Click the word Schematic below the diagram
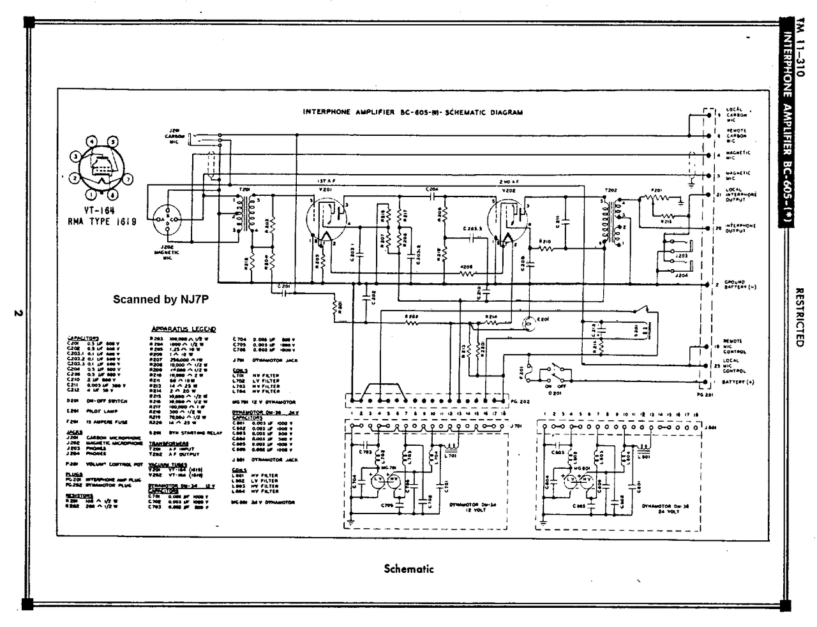408,568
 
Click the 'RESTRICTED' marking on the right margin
798,316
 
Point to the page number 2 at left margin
19,313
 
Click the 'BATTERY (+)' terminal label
738,382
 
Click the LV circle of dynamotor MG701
378,478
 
